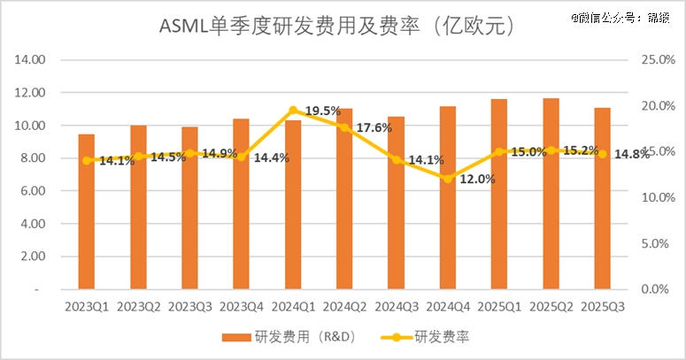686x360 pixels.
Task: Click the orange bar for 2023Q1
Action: click(x=86, y=212)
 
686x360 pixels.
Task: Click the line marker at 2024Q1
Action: click(x=293, y=111)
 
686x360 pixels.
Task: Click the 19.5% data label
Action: click(x=323, y=111)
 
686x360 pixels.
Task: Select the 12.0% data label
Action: click(x=477, y=179)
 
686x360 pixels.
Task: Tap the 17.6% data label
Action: click(x=375, y=127)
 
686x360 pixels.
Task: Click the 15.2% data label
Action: click(x=581, y=149)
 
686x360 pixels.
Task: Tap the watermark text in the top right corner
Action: click(x=620, y=16)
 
